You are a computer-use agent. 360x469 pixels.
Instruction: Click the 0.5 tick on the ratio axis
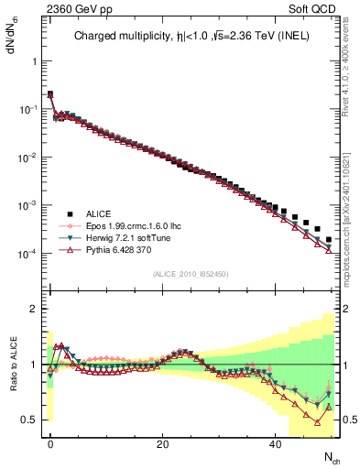pos(28,420)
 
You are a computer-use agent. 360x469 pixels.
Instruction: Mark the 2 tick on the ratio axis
pos(33,309)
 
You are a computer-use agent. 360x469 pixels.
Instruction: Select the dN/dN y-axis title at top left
pos(12,35)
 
